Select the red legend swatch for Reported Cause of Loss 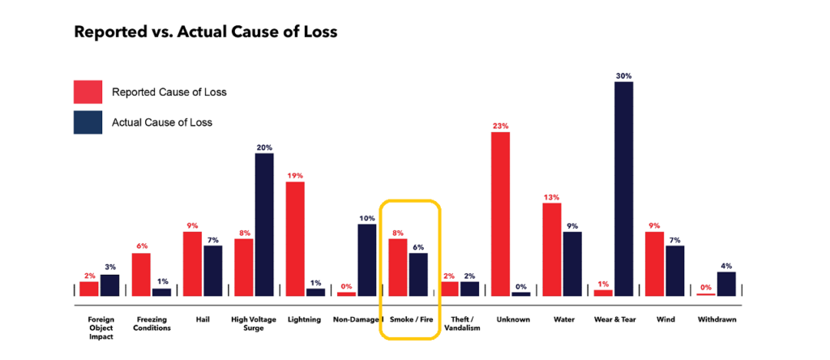tap(88, 92)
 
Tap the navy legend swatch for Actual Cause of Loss tap(88, 122)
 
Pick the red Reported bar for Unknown tap(500, 213)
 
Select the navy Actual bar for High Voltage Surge tap(264, 224)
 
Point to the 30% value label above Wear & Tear tap(623, 75)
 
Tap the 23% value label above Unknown tap(500, 126)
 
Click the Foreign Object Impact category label tap(99, 328)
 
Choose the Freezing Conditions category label tap(151, 324)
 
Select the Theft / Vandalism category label tap(460, 324)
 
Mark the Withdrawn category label tap(717, 319)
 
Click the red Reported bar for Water tap(552, 249)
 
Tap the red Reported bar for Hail tap(192, 264)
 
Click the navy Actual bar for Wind tap(674, 270)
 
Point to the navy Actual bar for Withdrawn tap(726, 283)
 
